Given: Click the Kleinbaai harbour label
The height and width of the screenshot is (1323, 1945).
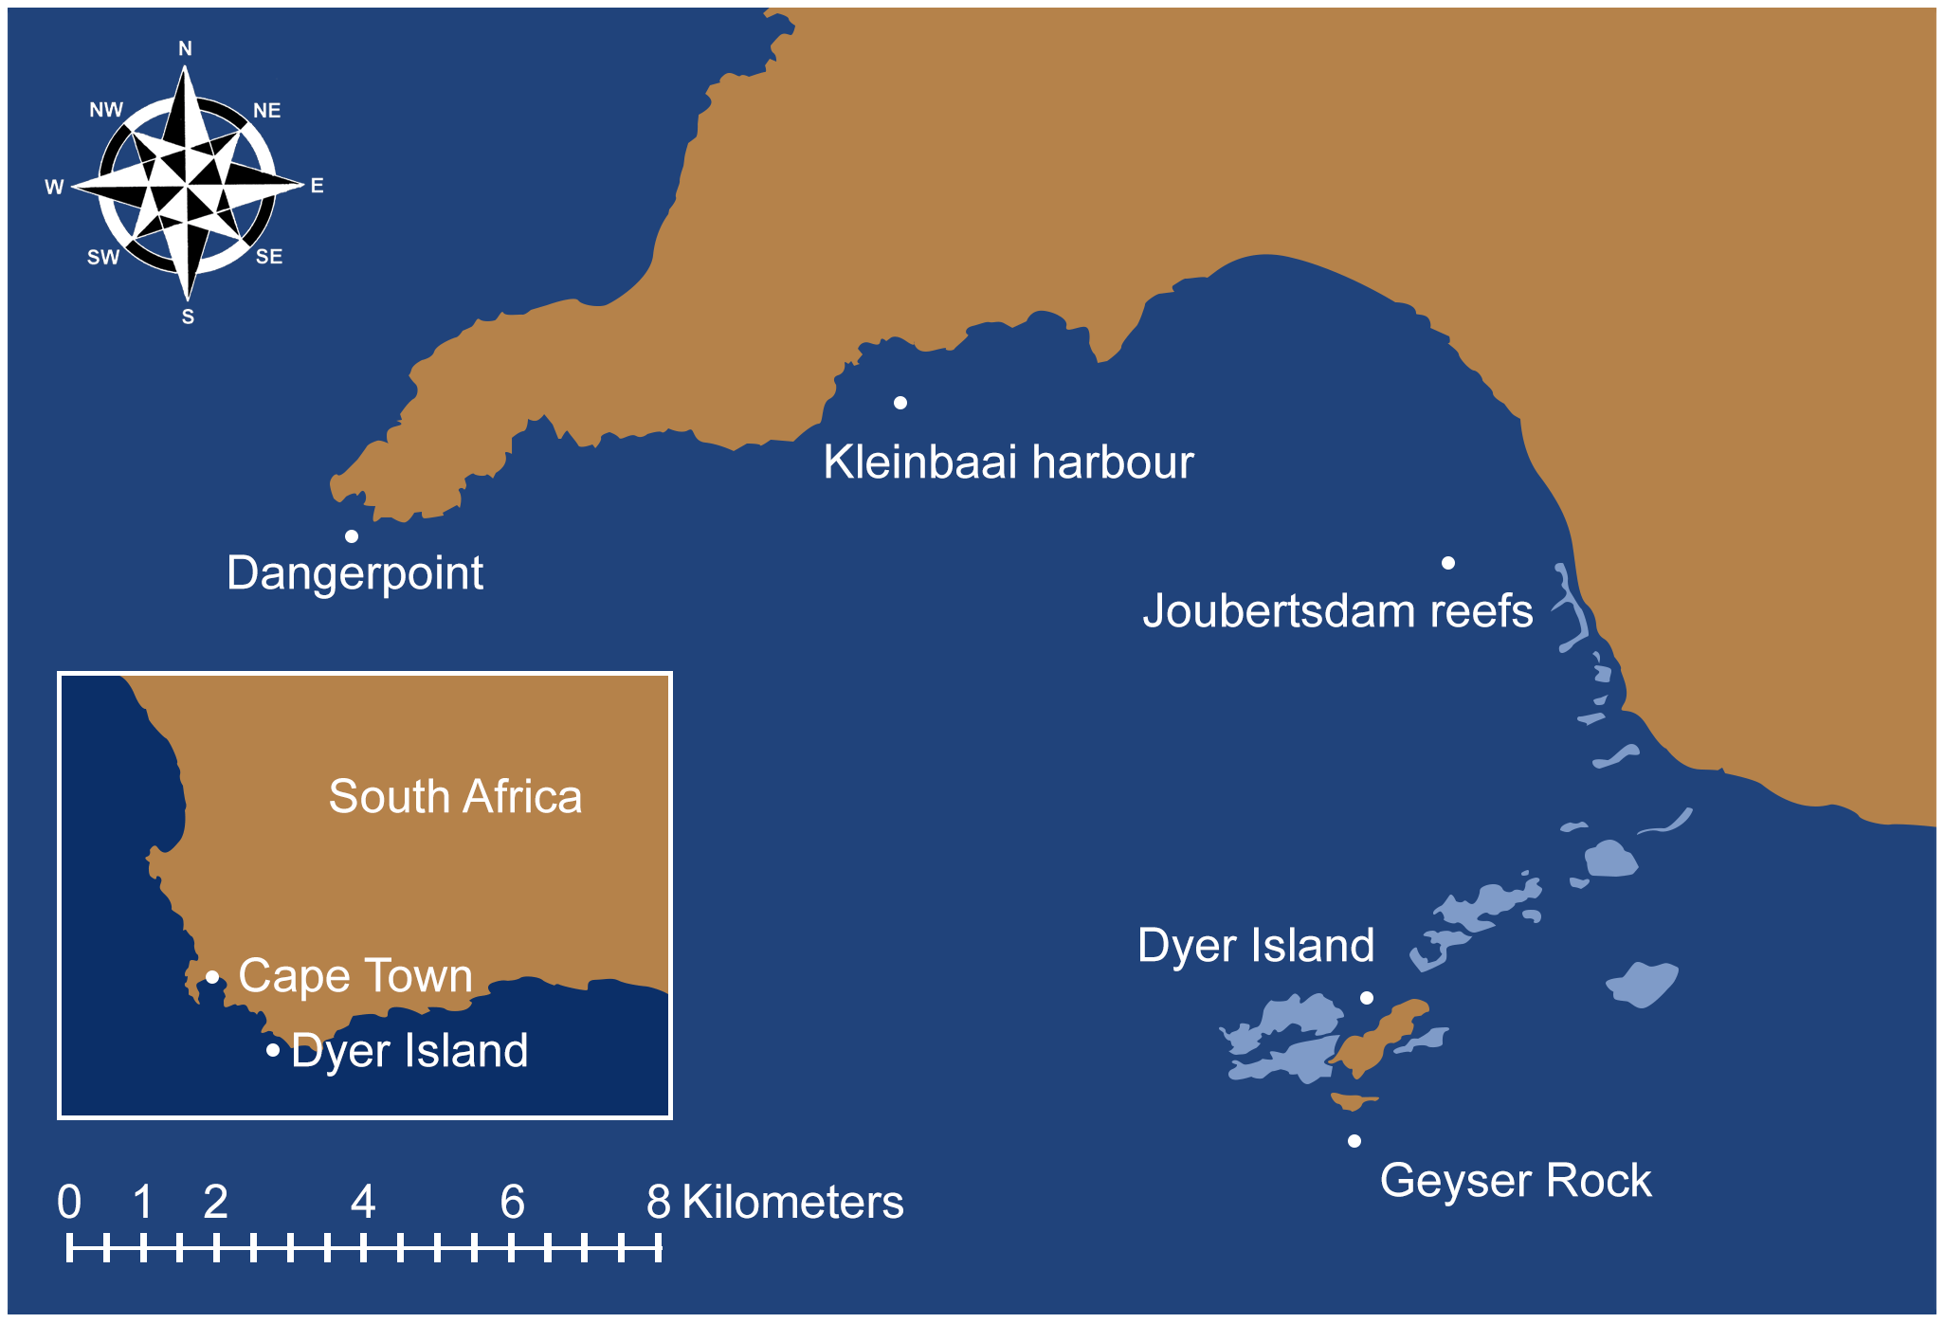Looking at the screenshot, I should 1008,462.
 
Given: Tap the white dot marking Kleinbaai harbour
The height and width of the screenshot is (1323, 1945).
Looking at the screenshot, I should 900,403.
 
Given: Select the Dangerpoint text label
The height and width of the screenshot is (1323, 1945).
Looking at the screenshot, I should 354,573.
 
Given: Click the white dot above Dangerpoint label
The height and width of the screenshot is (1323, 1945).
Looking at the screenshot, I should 352,536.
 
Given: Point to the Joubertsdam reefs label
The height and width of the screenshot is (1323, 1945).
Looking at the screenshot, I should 1336,610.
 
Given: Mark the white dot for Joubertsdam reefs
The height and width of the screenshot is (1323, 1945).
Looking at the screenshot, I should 1448,563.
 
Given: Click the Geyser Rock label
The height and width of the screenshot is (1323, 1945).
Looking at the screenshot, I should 1515,1181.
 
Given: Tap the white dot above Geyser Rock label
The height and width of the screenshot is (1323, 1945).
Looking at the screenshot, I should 1354,1141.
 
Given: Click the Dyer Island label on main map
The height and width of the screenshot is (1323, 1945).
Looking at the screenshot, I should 1255,946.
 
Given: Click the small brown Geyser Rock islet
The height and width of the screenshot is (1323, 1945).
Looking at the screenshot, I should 1353,1101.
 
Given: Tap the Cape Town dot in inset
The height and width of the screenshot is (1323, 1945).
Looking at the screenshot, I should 212,977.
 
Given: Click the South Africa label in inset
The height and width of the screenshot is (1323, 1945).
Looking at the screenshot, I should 455,796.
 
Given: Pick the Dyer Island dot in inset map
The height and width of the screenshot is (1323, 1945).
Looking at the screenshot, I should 273,1050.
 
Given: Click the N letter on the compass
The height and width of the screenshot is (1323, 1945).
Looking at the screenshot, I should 186,48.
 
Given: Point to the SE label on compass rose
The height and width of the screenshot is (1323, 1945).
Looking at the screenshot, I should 269,257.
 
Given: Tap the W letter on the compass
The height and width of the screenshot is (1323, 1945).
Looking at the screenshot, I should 54,188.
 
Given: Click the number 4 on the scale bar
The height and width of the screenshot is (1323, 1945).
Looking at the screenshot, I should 363,1203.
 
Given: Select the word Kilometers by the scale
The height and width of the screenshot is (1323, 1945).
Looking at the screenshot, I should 792,1203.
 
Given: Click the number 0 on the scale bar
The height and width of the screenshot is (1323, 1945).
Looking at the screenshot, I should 69,1203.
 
